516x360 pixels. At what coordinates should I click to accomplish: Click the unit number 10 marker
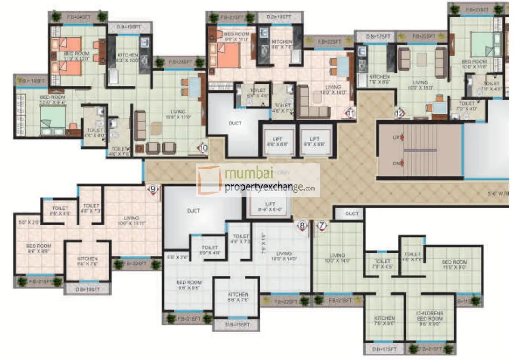coord(203,148)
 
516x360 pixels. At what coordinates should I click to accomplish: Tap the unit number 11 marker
coord(351,112)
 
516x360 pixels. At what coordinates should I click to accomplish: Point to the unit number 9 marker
coord(153,189)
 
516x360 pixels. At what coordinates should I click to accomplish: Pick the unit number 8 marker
coord(302,225)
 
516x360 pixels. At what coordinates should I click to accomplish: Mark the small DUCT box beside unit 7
coord(352,214)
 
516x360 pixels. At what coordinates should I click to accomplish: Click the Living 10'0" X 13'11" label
coord(131,220)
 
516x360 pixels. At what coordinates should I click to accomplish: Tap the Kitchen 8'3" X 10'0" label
coord(127,57)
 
